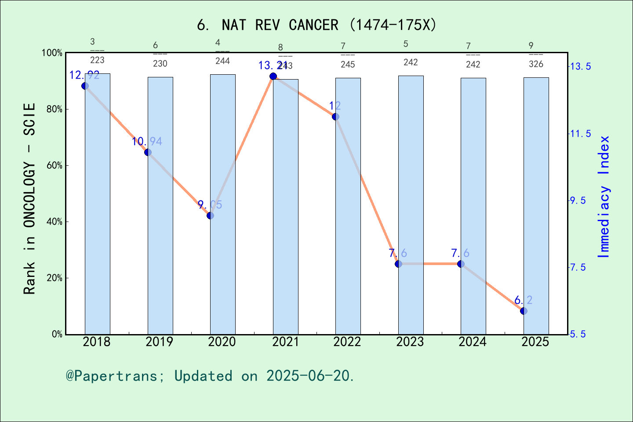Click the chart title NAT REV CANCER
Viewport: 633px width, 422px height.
[316, 25]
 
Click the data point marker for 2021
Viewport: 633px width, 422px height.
[273, 76]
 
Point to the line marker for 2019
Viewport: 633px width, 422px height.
[148, 153]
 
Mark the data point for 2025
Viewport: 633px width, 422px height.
[524, 311]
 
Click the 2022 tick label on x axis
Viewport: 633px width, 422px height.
[347, 342]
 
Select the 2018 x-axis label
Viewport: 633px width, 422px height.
[97, 342]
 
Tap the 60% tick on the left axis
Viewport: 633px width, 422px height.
[55, 166]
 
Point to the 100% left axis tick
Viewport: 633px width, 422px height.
[52, 53]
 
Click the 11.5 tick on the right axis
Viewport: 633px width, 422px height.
[580, 134]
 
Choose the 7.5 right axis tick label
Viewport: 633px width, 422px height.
[578, 267]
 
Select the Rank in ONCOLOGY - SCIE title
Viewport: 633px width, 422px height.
[29, 199]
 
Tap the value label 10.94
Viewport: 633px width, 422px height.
[147, 142]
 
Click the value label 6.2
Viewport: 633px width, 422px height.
[523, 300]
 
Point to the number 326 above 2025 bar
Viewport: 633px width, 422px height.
[536, 64]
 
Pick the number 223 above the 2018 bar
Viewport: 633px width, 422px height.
[97, 60]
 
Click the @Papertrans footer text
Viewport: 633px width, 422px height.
[210, 376]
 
